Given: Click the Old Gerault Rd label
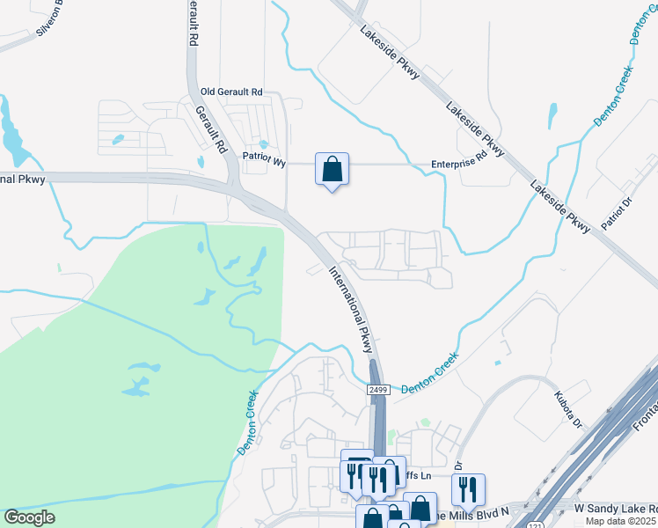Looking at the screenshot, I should tap(231, 92).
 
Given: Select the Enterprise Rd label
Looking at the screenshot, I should tap(458, 163).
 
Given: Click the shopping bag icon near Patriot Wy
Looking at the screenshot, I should tap(332, 169).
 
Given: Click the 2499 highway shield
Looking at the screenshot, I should tap(377, 389).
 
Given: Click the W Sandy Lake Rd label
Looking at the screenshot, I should tap(615, 509).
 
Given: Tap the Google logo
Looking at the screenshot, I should tap(30, 517).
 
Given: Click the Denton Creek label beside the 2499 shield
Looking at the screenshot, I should tap(430, 374).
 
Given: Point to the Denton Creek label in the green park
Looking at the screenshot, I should tap(245, 422).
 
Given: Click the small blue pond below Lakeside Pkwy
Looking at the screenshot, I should tap(552, 115).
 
